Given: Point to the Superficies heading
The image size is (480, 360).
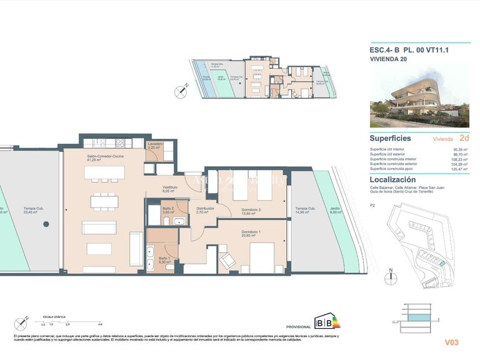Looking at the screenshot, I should pyautogui.click(x=390, y=138).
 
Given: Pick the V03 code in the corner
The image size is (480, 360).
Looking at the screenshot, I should pyautogui.click(x=452, y=342).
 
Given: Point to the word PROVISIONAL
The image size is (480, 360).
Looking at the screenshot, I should pyautogui.click(x=298, y=327).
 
